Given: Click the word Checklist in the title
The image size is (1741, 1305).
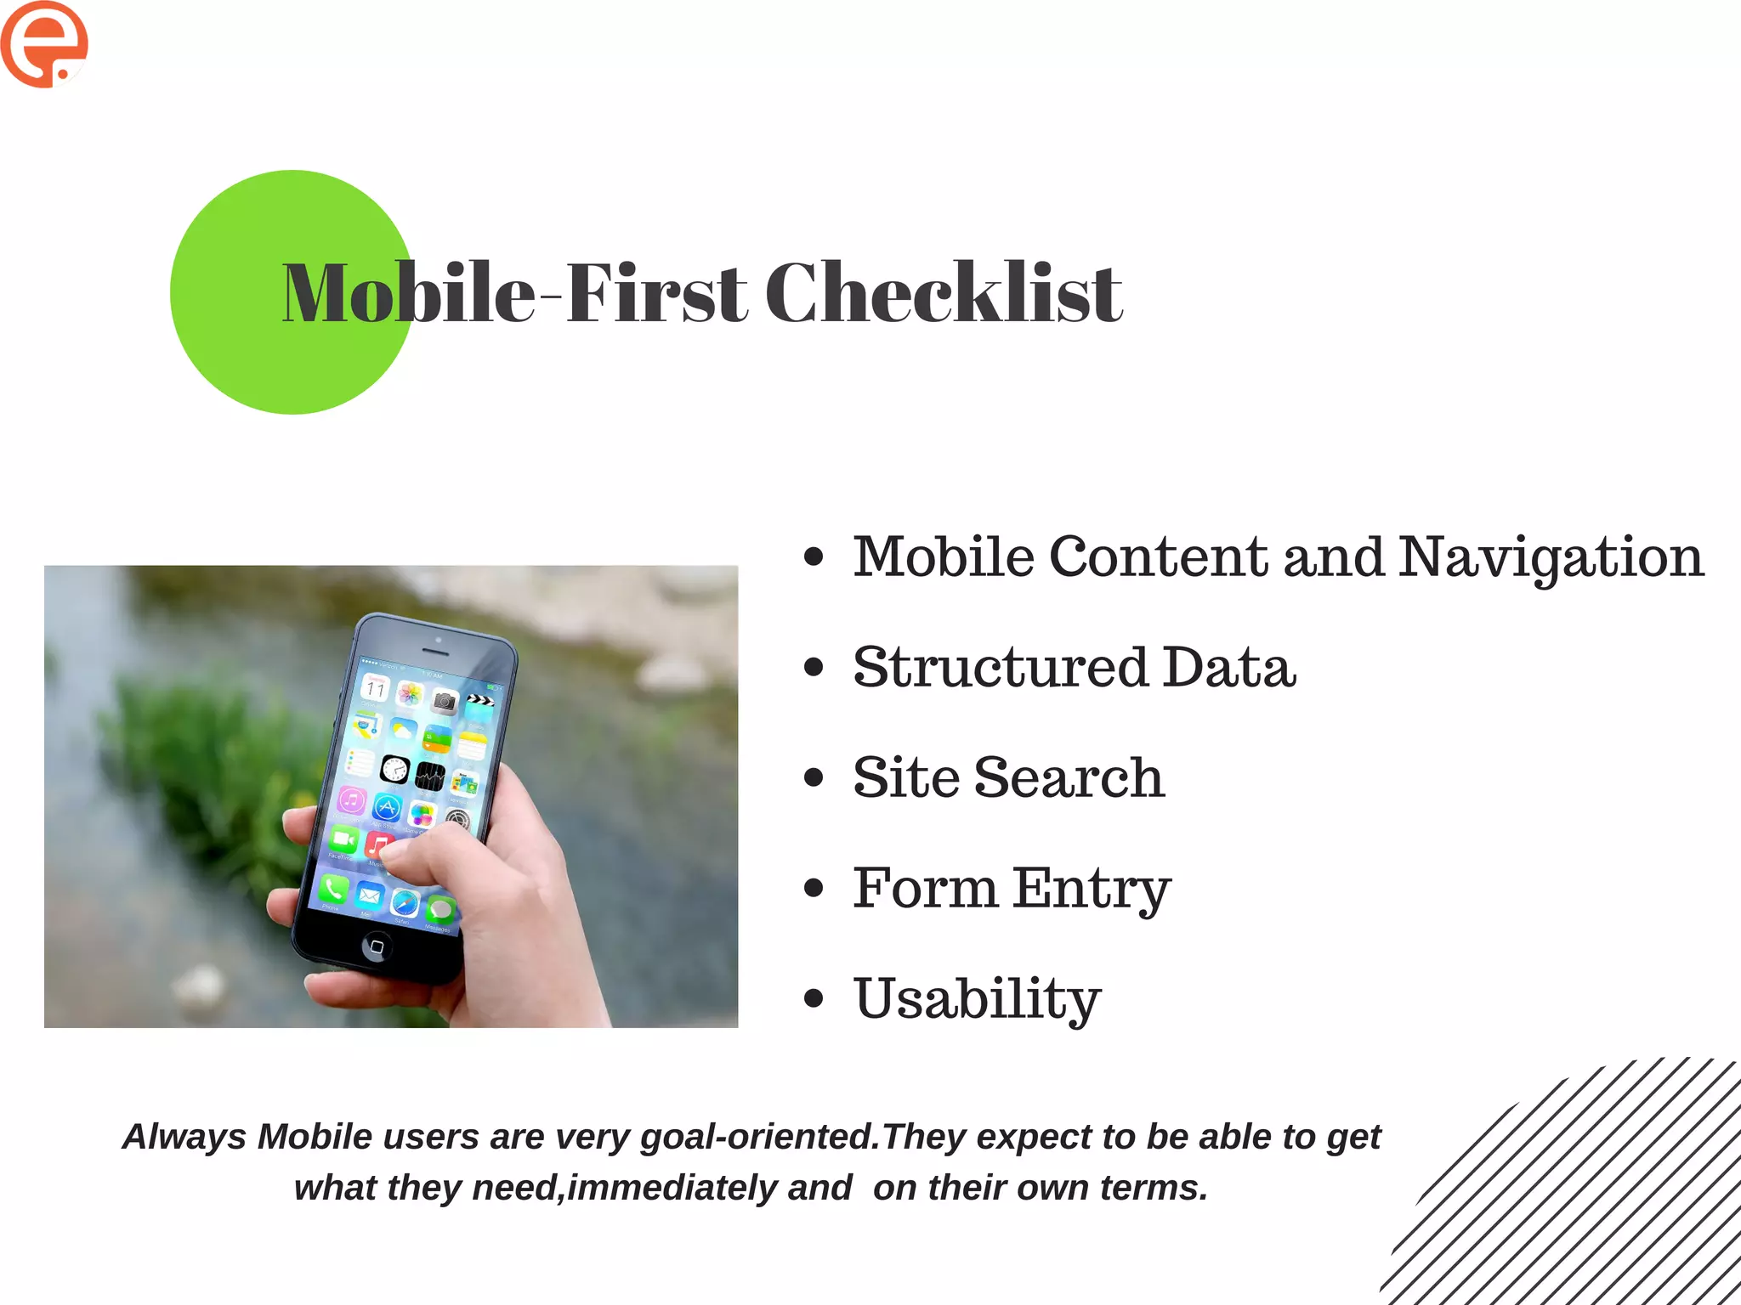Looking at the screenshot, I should pos(944,293).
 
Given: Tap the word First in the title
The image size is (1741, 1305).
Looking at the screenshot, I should pos(656,293).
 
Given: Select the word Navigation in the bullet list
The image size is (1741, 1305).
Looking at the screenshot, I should pos(1551,558).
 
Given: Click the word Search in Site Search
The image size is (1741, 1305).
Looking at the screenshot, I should pos(1069,777).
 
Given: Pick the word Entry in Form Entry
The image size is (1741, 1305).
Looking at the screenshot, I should pos(1092,889).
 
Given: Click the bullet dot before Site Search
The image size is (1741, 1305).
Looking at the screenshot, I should pos(814,777).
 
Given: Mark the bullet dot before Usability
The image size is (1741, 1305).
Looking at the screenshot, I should pos(814,998).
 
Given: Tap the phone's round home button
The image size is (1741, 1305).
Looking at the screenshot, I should pos(377,946).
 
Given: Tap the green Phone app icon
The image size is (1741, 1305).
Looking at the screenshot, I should pos(333,889).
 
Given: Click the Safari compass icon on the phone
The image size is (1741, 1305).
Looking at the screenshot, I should pos(405,904).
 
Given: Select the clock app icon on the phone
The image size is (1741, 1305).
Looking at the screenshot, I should pos(394,769).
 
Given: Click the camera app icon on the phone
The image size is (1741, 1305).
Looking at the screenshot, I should pos(444,702).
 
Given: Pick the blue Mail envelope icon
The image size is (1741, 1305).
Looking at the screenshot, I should pos(369,895).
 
